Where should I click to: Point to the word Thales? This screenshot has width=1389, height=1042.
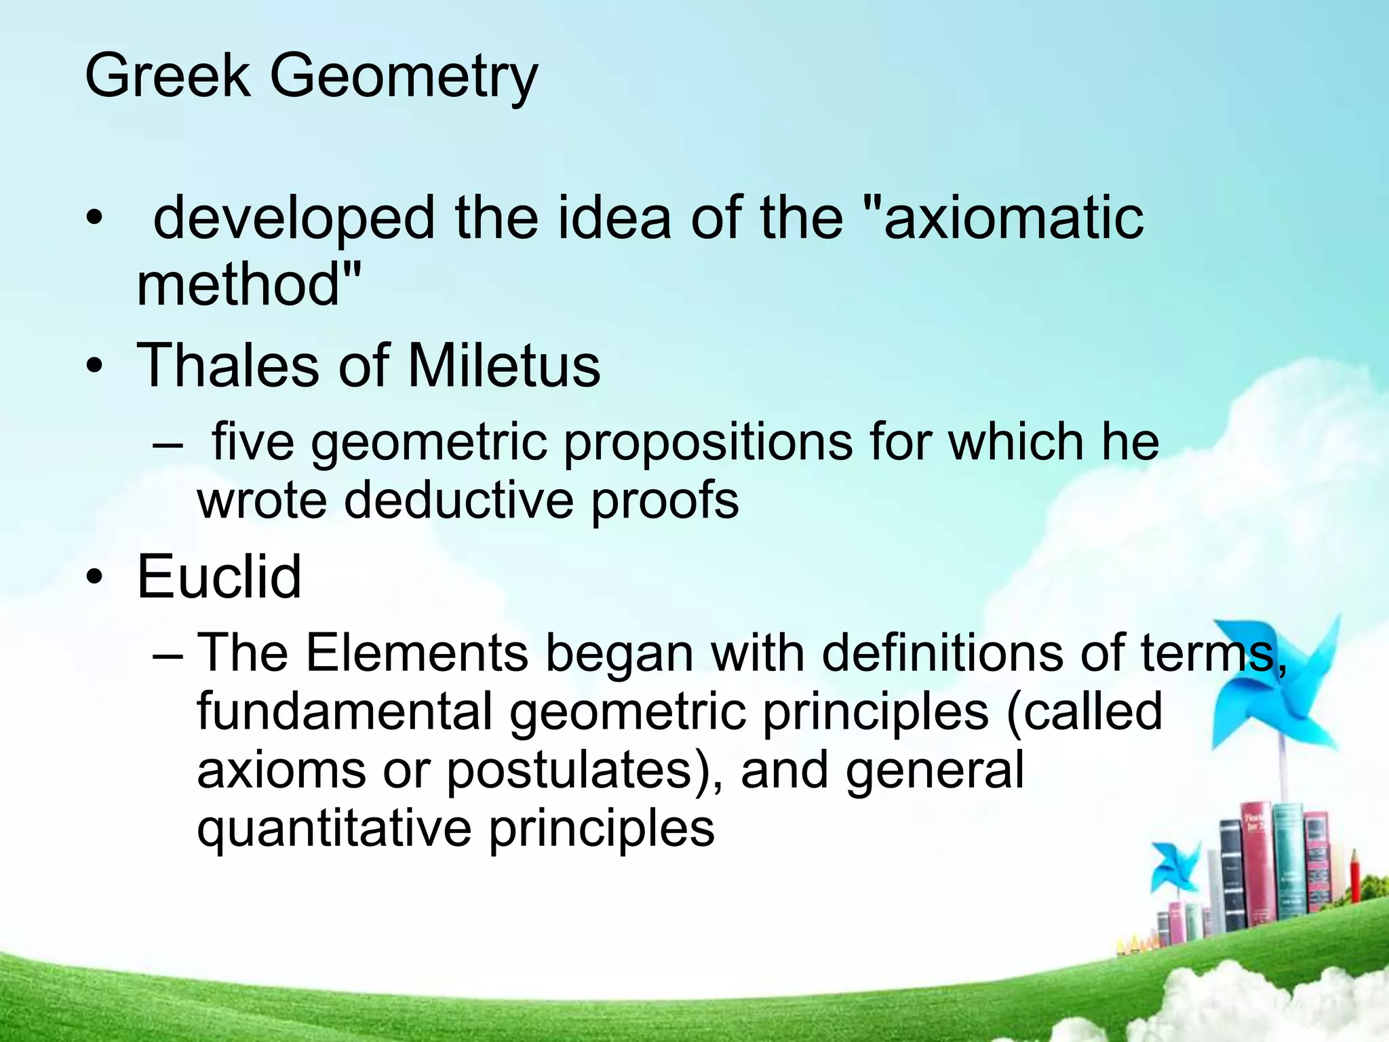[227, 366]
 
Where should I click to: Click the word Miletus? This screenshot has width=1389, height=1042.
[503, 366]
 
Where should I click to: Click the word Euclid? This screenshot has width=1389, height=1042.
[219, 577]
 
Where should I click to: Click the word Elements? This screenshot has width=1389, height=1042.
[416, 653]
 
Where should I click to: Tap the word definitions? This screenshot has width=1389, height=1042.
[942, 653]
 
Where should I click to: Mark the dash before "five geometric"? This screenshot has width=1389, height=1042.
[168, 445]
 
